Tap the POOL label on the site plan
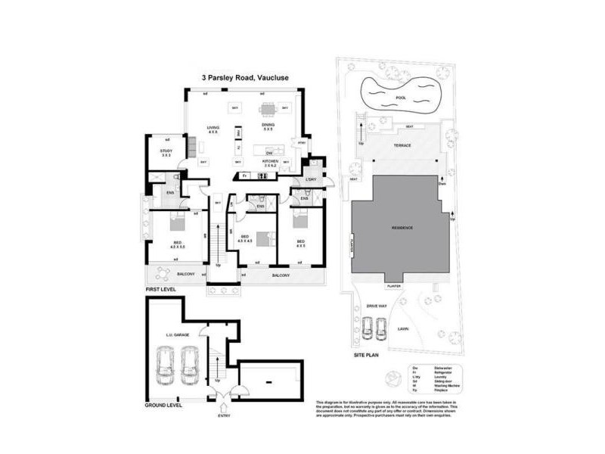tap(401, 98)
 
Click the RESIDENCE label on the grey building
tap(402, 228)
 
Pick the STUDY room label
tap(166, 153)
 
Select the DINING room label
tap(268, 126)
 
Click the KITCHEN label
tap(270, 163)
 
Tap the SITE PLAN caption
tap(366, 354)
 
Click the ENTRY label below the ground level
tap(224, 415)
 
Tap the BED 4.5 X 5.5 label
tap(178, 244)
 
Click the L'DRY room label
tap(310, 179)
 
